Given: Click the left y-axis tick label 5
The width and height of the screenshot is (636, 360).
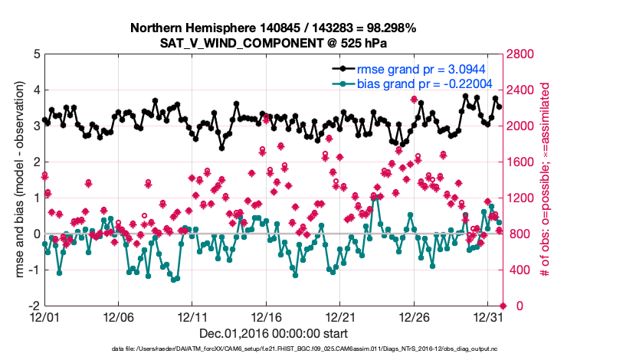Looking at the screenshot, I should coord(36,54).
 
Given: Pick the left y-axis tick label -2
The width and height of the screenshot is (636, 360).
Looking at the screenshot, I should coord(34,306).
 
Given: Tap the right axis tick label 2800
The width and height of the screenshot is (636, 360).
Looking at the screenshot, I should coord(524,54).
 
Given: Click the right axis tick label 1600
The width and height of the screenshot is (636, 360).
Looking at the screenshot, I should coord(524,162).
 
